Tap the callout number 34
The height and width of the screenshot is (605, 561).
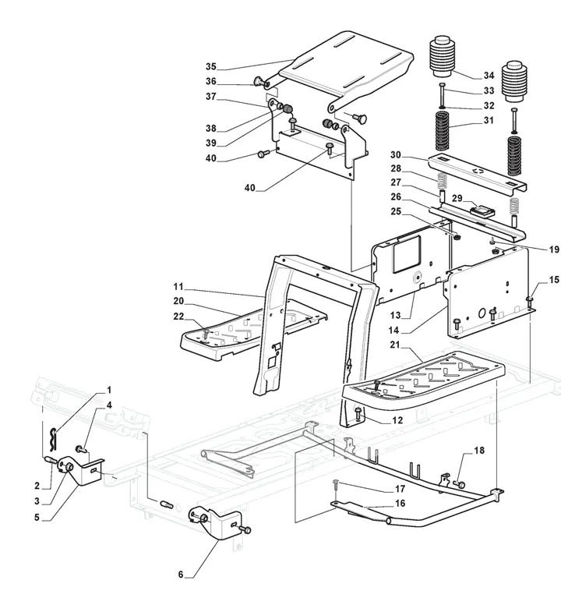click(489, 76)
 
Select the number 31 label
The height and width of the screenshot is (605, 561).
click(489, 120)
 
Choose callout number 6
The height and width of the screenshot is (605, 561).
click(181, 575)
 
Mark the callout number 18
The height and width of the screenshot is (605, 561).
click(479, 451)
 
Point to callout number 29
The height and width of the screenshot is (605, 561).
click(459, 199)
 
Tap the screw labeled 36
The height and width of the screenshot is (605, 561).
click(257, 82)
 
